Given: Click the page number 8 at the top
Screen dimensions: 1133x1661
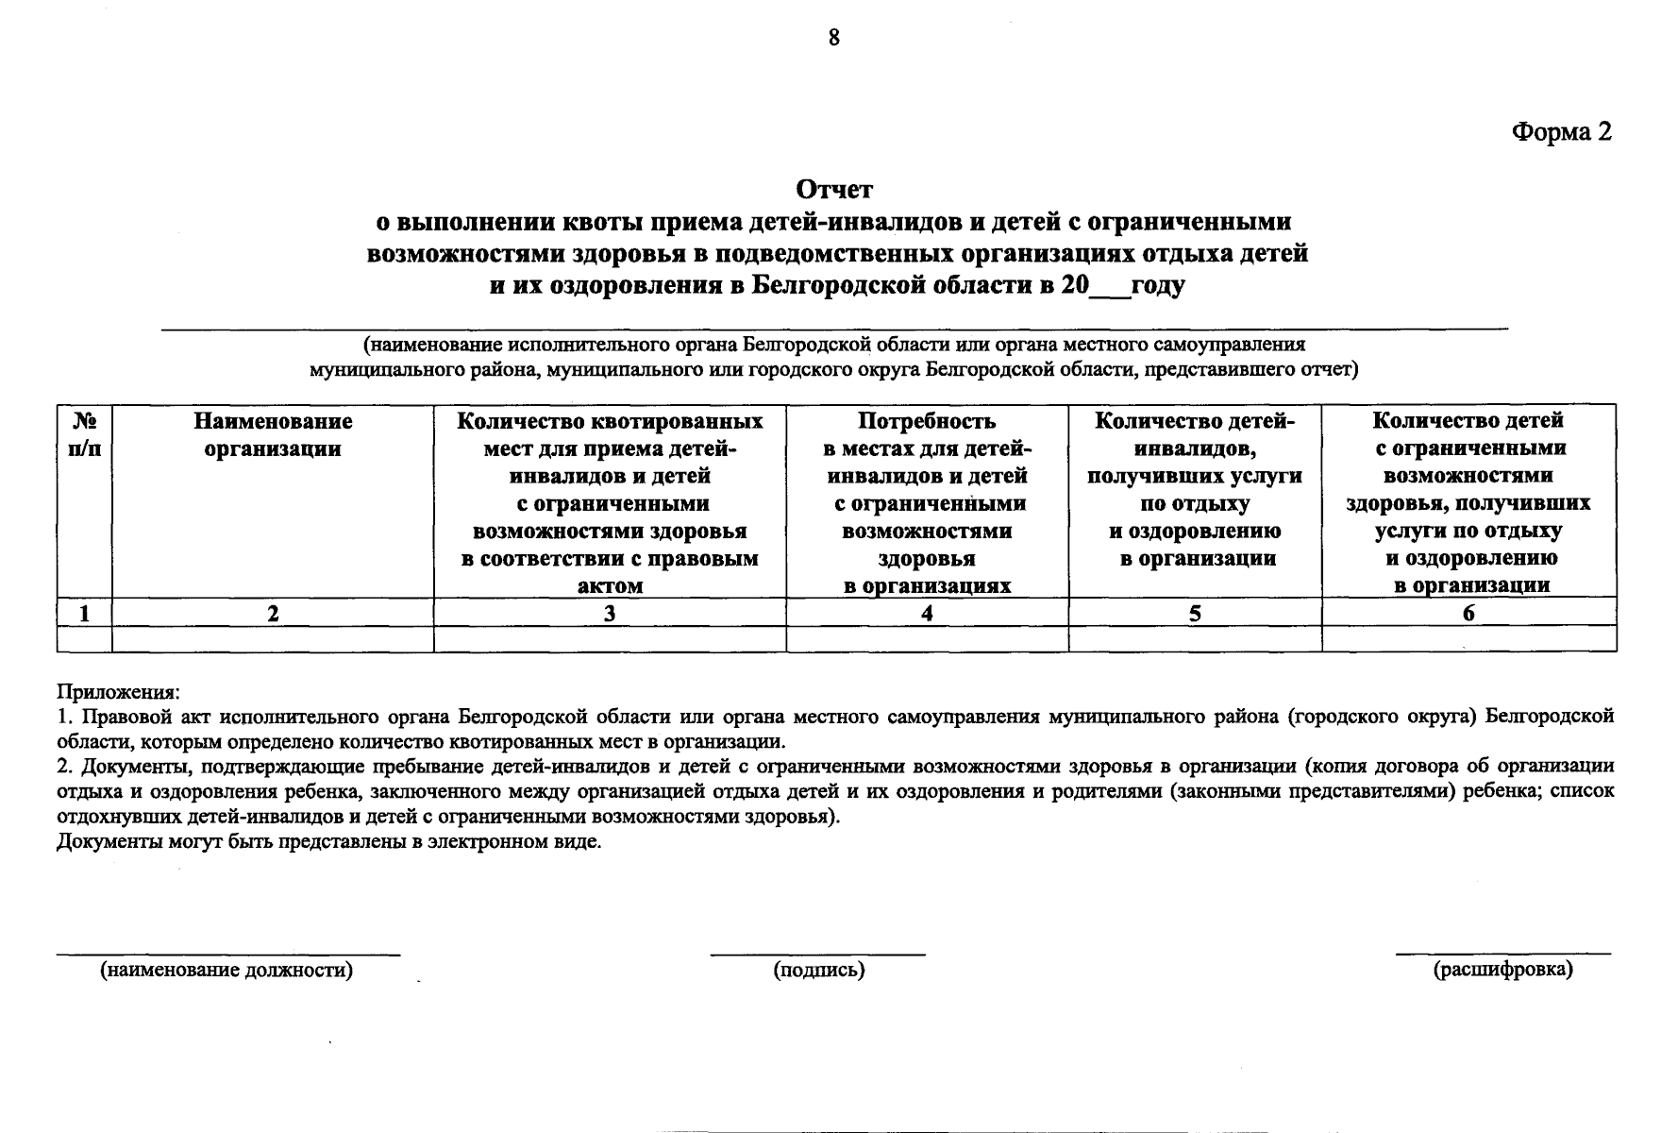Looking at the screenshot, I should click(x=833, y=38).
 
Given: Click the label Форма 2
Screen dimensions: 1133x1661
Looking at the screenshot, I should click(x=1562, y=132).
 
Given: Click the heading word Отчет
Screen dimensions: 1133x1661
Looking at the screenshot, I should click(x=834, y=190).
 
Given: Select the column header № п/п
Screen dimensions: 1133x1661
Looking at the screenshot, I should click(x=85, y=434).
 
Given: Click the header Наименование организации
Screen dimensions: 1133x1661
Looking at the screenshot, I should click(x=273, y=434).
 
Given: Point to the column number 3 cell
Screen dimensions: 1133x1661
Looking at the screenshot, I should click(x=610, y=613).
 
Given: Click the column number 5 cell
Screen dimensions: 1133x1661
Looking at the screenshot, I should click(x=1195, y=613).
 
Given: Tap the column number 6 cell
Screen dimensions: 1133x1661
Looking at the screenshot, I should click(x=1468, y=613).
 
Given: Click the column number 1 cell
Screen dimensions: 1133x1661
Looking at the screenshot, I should click(x=85, y=613).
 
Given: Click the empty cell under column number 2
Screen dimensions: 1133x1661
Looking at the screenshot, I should click(x=273, y=639).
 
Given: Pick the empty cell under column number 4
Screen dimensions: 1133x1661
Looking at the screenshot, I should click(x=927, y=639).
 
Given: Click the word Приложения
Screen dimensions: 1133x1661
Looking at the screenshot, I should click(x=118, y=692).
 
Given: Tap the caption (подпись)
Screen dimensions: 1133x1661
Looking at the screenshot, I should click(x=818, y=970).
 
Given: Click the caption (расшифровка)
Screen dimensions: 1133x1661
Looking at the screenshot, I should click(x=1503, y=970).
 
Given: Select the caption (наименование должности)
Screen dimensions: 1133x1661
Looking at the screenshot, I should click(x=227, y=970).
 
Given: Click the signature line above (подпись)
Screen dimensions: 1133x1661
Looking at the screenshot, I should click(x=817, y=955).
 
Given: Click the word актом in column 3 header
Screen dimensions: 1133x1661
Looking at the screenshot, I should click(x=610, y=585).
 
